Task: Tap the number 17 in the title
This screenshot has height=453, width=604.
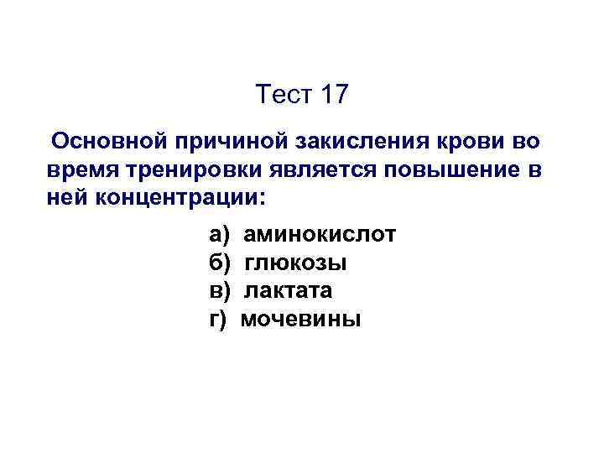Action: coord(332,95)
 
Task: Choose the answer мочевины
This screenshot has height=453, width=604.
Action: coord(301,319)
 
